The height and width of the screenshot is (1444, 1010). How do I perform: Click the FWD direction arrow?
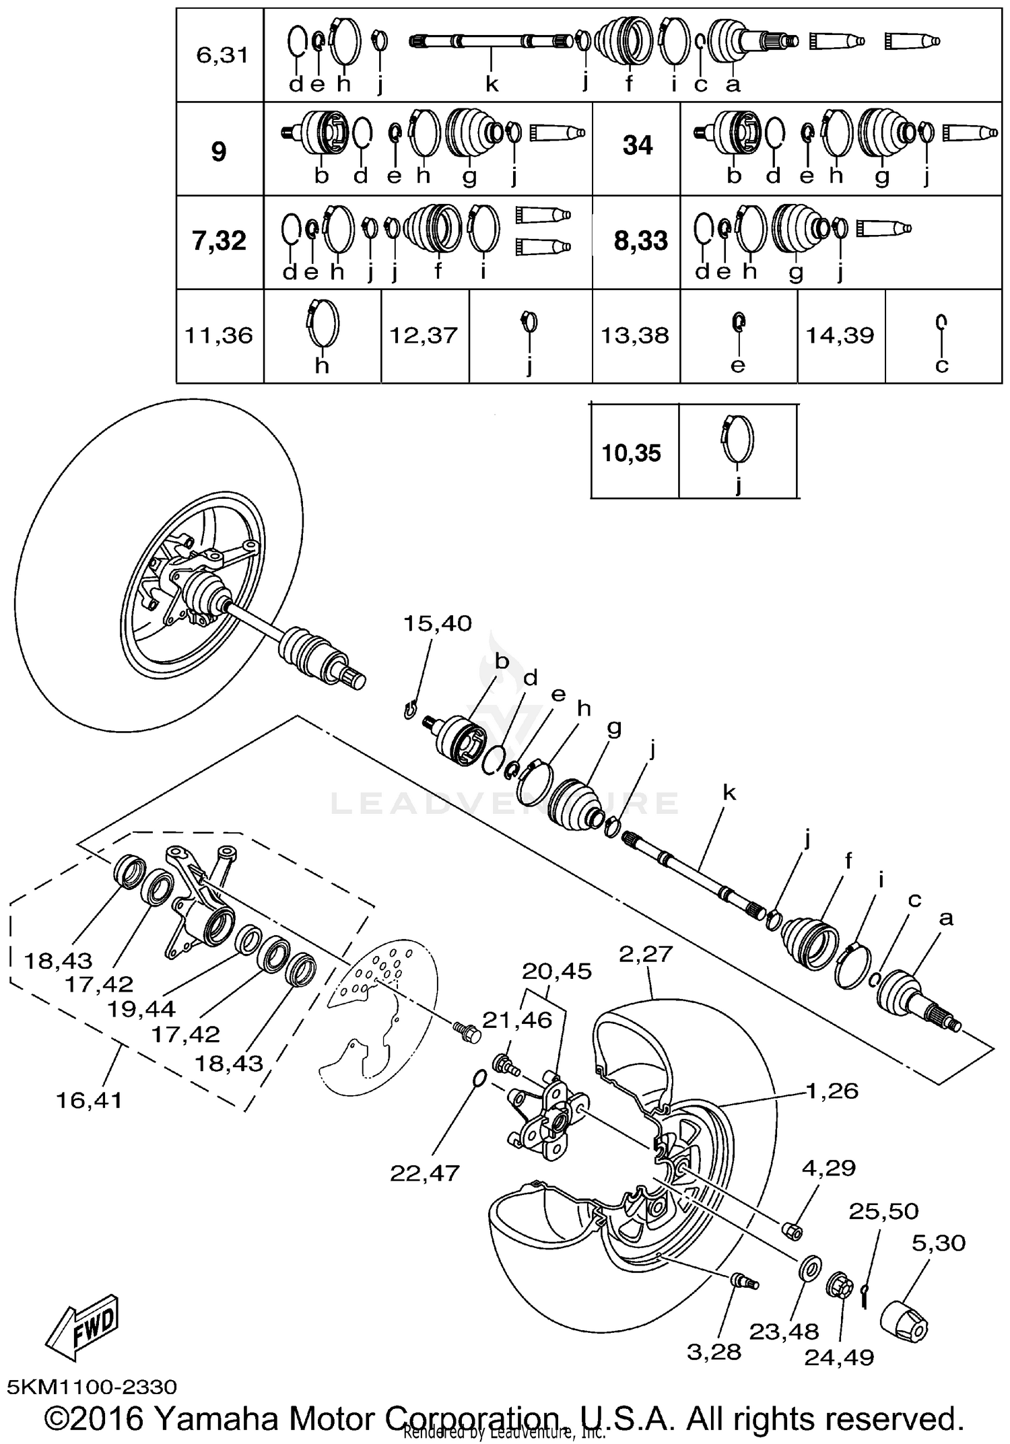click(84, 1324)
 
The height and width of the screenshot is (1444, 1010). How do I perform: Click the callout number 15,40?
click(437, 623)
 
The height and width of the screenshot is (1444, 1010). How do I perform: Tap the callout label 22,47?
click(424, 1173)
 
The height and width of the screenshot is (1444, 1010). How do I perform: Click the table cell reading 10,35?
click(631, 453)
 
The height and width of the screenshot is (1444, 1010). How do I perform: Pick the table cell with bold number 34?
click(637, 145)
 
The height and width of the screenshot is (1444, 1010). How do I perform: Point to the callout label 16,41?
click(90, 1100)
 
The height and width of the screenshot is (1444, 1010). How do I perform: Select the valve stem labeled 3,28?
click(743, 1281)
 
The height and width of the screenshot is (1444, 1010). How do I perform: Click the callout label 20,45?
click(556, 971)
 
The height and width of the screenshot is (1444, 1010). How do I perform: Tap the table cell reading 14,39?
click(840, 335)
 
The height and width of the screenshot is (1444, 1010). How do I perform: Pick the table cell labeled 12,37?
click(424, 335)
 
